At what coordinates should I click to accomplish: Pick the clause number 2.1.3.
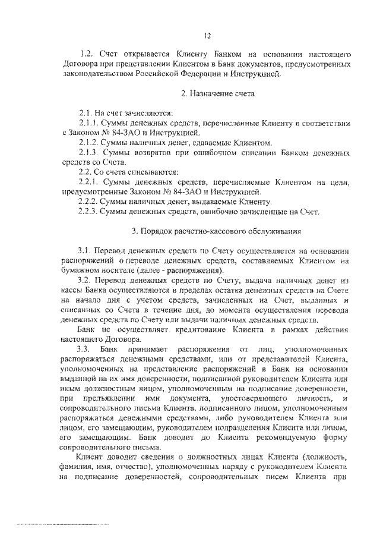tap(89, 152)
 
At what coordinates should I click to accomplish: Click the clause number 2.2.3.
tap(90, 210)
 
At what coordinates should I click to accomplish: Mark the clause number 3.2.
tap(85, 279)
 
